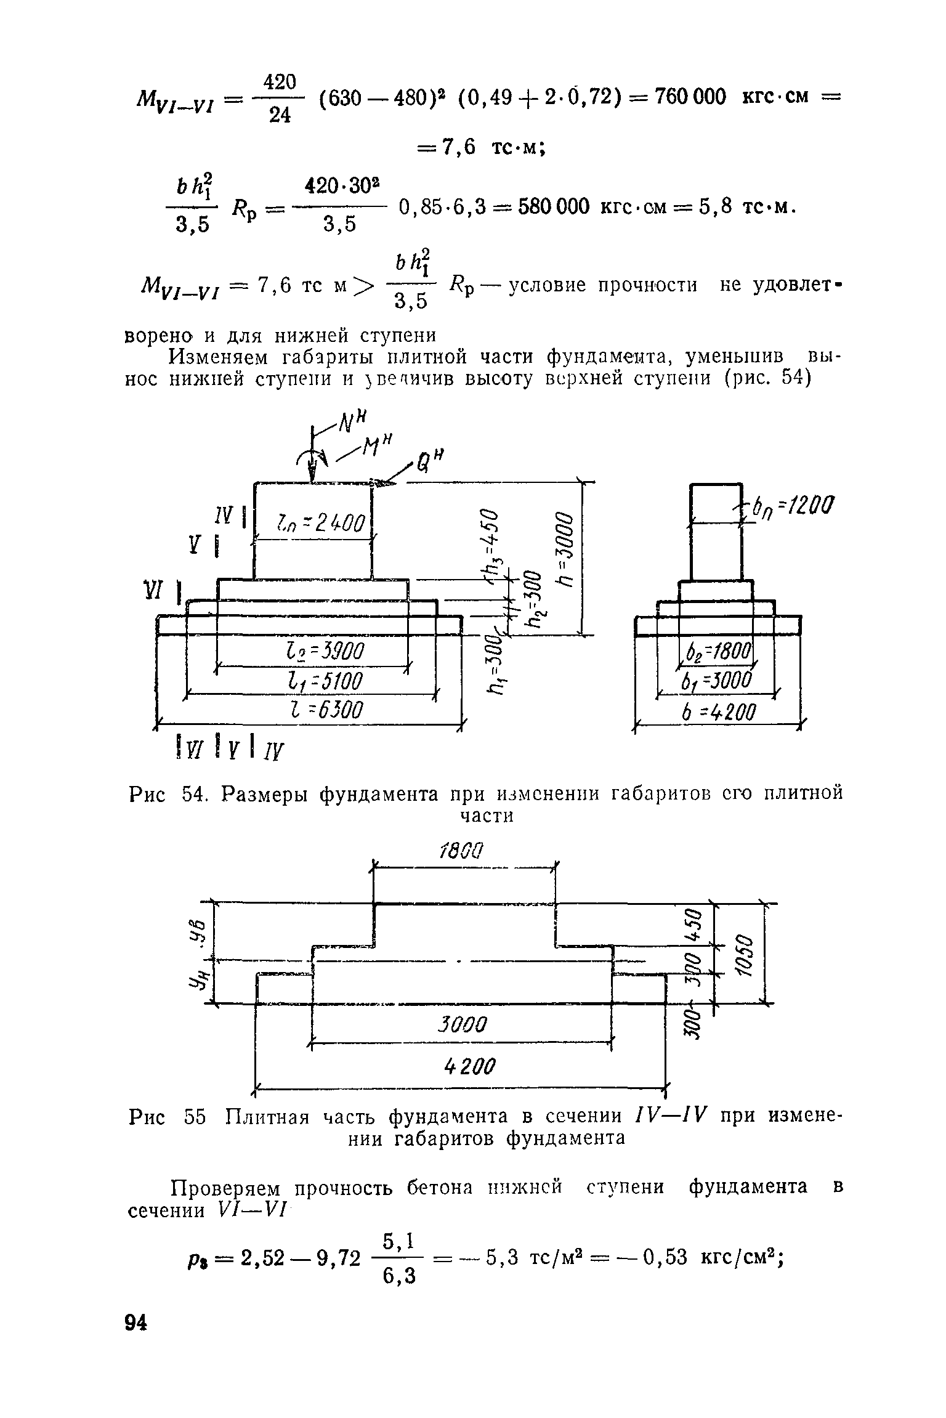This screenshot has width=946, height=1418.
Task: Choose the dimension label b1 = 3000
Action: (x=718, y=681)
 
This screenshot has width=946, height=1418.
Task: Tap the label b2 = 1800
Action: (x=718, y=652)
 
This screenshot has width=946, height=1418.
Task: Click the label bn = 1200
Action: (x=790, y=508)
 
